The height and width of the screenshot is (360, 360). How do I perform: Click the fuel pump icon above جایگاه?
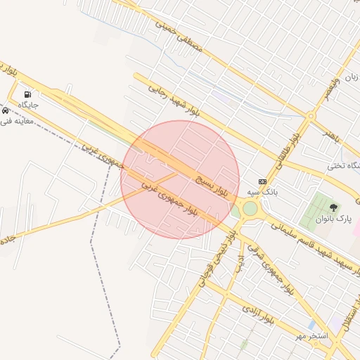(x=27, y=94)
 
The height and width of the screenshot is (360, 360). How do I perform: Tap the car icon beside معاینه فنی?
(x=5, y=111)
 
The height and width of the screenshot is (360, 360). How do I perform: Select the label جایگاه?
(x=27, y=105)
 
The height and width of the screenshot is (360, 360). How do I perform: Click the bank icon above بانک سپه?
(x=262, y=181)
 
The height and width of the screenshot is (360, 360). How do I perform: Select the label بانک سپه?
(x=263, y=191)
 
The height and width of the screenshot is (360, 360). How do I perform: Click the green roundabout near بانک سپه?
(x=250, y=208)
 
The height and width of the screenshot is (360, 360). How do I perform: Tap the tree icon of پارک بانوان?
(x=333, y=208)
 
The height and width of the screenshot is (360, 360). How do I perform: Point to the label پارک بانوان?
(x=333, y=220)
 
